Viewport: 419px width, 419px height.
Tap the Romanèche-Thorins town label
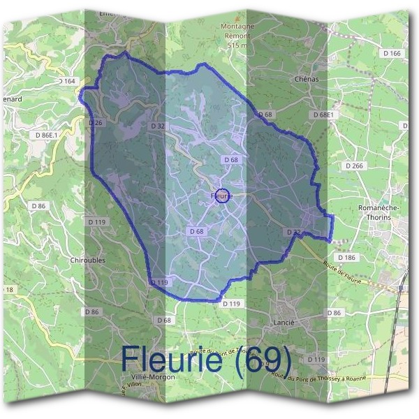point(378,213)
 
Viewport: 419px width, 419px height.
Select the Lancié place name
point(281,323)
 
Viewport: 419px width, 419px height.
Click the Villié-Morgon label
point(153,376)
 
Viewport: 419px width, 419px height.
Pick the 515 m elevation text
point(238,45)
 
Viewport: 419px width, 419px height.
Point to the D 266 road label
point(354,166)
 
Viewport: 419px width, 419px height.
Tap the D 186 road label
point(346,258)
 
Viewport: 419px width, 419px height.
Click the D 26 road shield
point(96,123)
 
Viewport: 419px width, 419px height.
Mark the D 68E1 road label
point(325,114)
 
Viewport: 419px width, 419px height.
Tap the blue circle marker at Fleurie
point(222,195)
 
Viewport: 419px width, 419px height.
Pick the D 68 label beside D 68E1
point(265,114)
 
